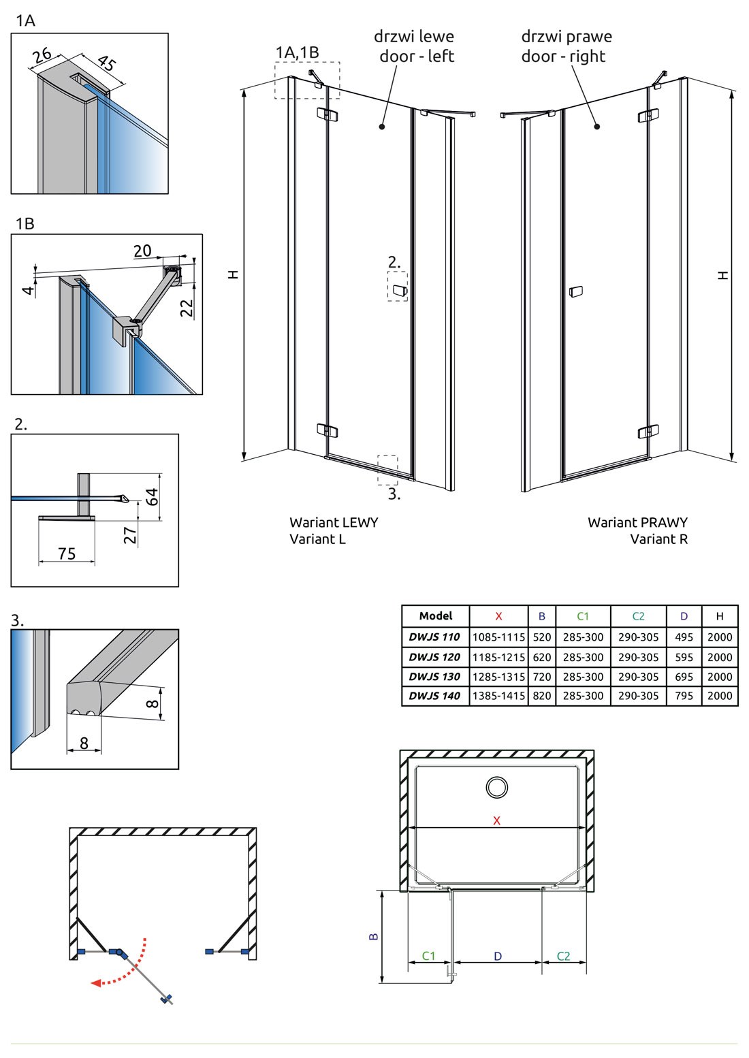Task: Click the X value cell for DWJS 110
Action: click(x=498, y=637)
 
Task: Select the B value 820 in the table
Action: click(x=542, y=695)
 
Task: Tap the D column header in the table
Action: click(x=684, y=616)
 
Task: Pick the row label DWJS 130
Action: click(x=434, y=676)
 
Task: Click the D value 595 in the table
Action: click(x=684, y=657)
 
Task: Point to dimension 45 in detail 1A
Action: click(x=108, y=63)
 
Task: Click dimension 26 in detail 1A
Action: click(x=42, y=55)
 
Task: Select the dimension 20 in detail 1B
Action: click(x=142, y=251)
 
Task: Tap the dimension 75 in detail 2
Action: click(x=67, y=553)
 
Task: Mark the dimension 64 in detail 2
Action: click(x=152, y=496)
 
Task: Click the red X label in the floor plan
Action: click(x=496, y=821)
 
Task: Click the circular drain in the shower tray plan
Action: click(x=497, y=787)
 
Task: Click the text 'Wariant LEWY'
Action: click(x=334, y=522)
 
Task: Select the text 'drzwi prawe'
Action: click(x=567, y=36)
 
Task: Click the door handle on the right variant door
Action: click(x=575, y=291)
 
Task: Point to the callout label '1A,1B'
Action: click(x=297, y=52)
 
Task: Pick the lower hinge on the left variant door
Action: click(x=326, y=430)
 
